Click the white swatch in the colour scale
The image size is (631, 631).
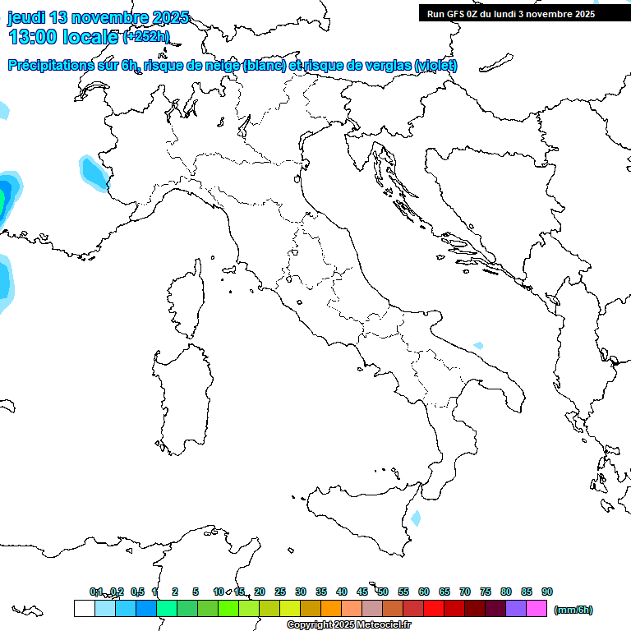(x=84, y=609)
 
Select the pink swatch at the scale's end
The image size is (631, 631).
(x=537, y=609)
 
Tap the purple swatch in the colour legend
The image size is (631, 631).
(x=516, y=609)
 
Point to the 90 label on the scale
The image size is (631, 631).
(x=547, y=592)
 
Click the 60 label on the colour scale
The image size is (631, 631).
(x=424, y=592)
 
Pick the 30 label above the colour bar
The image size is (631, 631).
(x=301, y=592)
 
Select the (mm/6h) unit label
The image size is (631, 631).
(x=573, y=610)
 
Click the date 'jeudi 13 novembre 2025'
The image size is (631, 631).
(x=98, y=17)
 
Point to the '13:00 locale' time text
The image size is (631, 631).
(x=63, y=37)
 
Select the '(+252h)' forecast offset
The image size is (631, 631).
(x=146, y=37)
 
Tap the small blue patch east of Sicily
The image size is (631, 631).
(x=416, y=518)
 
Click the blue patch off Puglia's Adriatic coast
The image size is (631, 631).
(x=478, y=346)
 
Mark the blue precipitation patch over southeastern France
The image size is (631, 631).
(x=92, y=170)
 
